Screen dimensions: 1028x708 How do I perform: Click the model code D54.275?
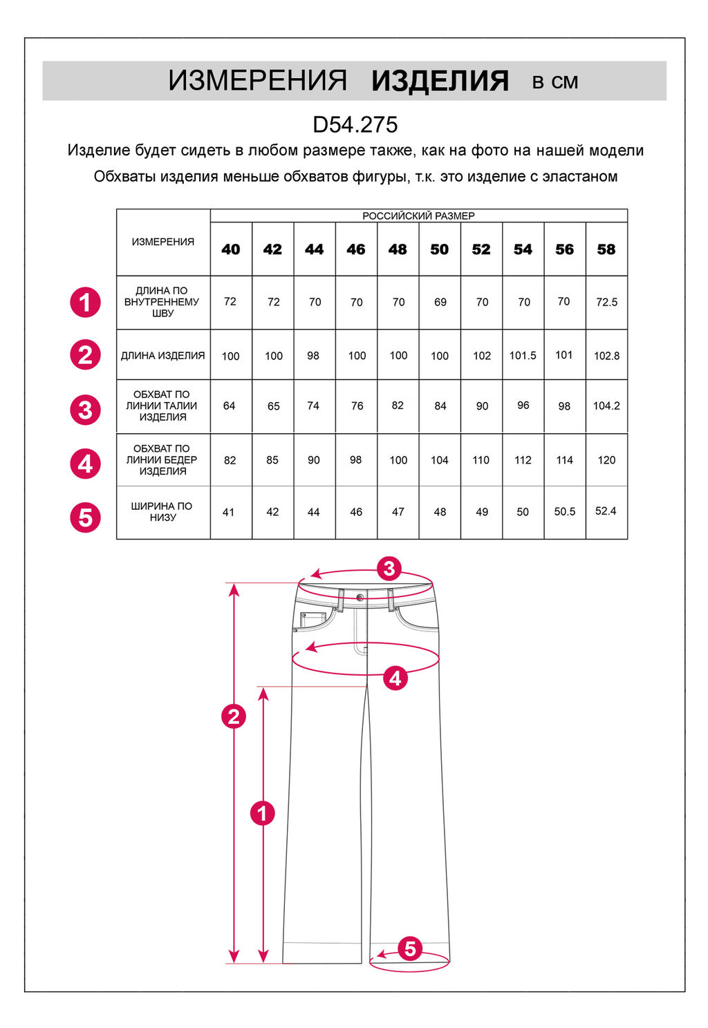click(355, 124)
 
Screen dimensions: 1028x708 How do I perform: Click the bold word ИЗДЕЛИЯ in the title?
click(440, 81)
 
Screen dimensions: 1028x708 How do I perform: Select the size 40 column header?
click(231, 249)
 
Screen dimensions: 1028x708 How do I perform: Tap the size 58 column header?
click(606, 249)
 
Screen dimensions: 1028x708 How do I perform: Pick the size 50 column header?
click(440, 249)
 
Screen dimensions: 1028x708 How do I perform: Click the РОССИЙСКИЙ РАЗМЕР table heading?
click(418, 216)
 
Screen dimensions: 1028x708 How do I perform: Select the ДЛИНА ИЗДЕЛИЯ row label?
click(163, 355)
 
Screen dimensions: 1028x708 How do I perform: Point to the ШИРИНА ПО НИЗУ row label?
click(162, 512)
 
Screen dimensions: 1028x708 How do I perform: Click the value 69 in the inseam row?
click(440, 302)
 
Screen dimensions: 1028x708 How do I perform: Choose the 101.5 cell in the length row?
click(523, 355)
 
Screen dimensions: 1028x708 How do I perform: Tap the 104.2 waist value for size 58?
click(606, 406)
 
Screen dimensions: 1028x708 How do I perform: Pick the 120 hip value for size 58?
click(606, 460)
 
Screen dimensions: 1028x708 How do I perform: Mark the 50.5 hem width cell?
click(565, 512)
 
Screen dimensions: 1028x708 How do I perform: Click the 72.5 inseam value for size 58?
click(606, 302)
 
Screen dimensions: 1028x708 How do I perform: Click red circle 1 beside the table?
click(85, 303)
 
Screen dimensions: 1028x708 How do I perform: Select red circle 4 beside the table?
click(85, 464)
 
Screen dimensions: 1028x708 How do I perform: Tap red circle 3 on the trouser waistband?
click(390, 569)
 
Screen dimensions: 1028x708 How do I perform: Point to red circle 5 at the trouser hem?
click(410, 949)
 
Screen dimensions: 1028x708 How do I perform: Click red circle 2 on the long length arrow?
click(234, 716)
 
